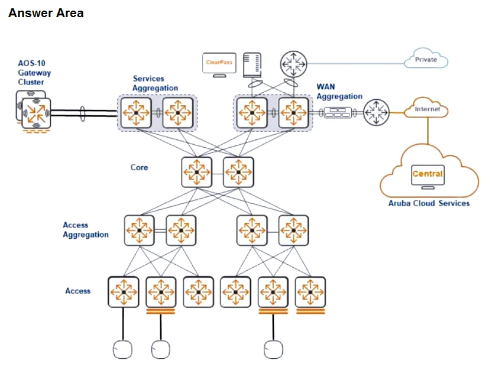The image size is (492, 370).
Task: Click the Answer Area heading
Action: pyautogui.click(x=46, y=13)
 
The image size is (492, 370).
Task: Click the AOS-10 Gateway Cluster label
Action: pyautogui.click(x=34, y=73)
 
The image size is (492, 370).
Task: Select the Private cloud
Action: pyautogui.click(x=426, y=60)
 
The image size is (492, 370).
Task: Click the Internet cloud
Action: pyautogui.click(x=427, y=109)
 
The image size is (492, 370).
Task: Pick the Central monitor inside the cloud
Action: pyautogui.click(x=427, y=175)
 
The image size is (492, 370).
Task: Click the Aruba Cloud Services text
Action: pyautogui.click(x=429, y=203)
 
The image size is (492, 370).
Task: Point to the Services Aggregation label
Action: pyautogui.click(x=155, y=83)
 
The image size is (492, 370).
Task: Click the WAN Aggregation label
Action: pyautogui.click(x=339, y=92)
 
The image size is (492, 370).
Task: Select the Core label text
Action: pyautogui.click(x=139, y=167)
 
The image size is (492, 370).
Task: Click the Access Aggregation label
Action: pyautogui.click(x=86, y=230)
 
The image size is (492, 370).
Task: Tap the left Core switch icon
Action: pyautogui.click(x=196, y=172)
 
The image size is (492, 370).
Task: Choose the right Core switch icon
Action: pyautogui.click(x=238, y=172)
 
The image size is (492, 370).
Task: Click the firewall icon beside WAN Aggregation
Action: pyautogui.click(x=337, y=112)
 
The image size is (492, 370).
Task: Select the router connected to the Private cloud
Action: pyautogui.click(x=293, y=62)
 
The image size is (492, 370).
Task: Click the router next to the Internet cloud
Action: pyautogui.click(x=376, y=112)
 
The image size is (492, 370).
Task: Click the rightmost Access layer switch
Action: pyautogui.click(x=310, y=291)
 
